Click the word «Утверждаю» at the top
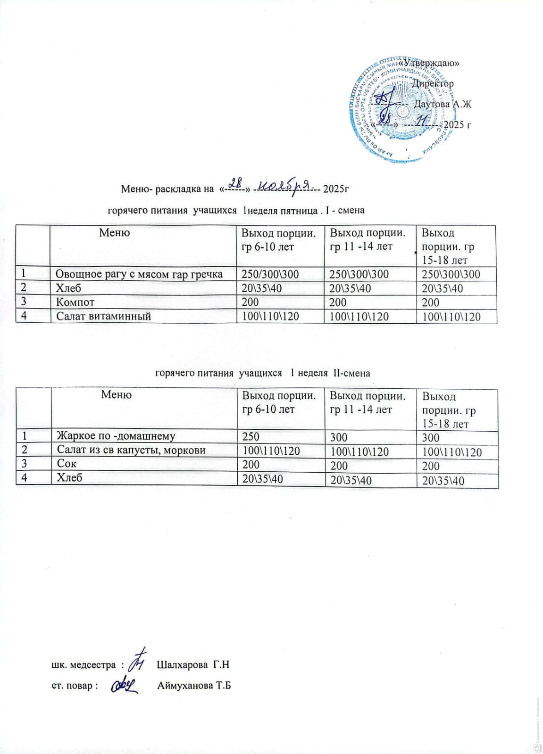click(429, 64)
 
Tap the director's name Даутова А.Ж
click(442, 104)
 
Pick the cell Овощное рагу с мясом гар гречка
click(139, 274)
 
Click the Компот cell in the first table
click(75, 302)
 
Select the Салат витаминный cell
click(104, 316)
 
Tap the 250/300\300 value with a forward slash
click(270, 274)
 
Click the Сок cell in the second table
click(67, 464)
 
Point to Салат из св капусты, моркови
click(131, 450)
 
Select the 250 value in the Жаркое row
click(251, 437)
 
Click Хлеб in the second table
click(69, 478)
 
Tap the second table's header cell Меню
click(116, 394)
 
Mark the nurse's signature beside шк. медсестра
click(139, 661)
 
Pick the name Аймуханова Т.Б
click(194, 686)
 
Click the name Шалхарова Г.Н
click(192, 665)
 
